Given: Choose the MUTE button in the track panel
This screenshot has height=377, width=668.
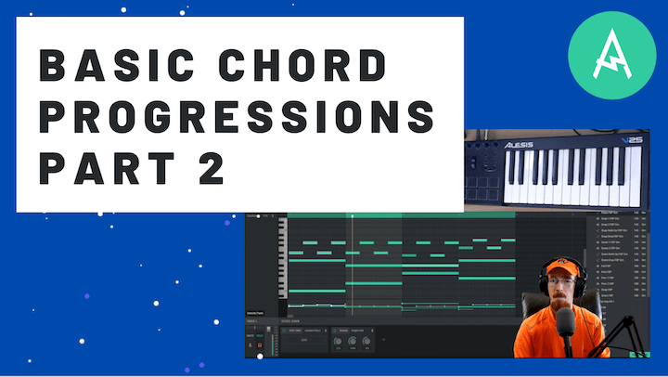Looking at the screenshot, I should [x=249, y=336].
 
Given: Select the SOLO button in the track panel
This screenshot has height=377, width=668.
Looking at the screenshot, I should [x=260, y=336].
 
